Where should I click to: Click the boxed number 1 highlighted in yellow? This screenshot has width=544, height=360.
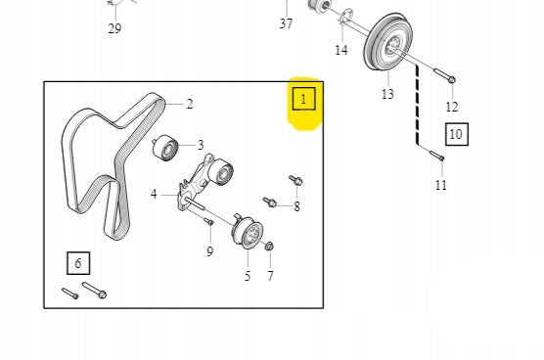pyautogui.click(x=304, y=99)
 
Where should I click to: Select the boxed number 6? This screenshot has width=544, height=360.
pyautogui.click(x=78, y=263)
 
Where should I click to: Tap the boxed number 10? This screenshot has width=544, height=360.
pyautogui.click(x=457, y=134)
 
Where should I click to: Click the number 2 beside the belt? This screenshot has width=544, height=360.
pyautogui.click(x=190, y=104)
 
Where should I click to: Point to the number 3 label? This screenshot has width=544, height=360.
pyautogui.click(x=201, y=145)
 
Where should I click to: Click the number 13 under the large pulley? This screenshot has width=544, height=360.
pyautogui.click(x=387, y=94)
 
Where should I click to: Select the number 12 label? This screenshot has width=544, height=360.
pyautogui.click(x=452, y=107)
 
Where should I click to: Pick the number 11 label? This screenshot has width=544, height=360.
pyautogui.click(x=441, y=185)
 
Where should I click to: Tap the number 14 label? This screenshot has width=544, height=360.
pyautogui.click(x=341, y=50)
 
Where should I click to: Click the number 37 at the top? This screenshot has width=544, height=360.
pyautogui.click(x=286, y=23)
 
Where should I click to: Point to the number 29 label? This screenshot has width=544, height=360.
pyautogui.click(x=114, y=28)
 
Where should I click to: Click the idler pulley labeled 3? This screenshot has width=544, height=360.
pyautogui.click(x=165, y=148)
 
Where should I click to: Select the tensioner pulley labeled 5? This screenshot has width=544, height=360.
pyautogui.click(x=248, y=233)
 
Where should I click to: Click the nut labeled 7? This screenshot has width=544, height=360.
pyautogui.click(x=269, y=247)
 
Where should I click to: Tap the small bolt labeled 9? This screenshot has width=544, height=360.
pyautogui.click(x=208, y=221)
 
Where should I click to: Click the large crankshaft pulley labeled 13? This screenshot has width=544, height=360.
pyautogui.click(x=386, y=42)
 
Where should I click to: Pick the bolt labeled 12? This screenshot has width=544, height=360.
pyautogui.click(x=445, y=76)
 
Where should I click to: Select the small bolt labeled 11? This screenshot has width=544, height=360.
pyautogui.click(x=436, y=155)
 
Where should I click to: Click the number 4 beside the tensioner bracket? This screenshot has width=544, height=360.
pyautogui.click(x=154, y=195)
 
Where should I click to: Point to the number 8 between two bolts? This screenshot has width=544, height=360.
pyautogui.click(x=296, y=206)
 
